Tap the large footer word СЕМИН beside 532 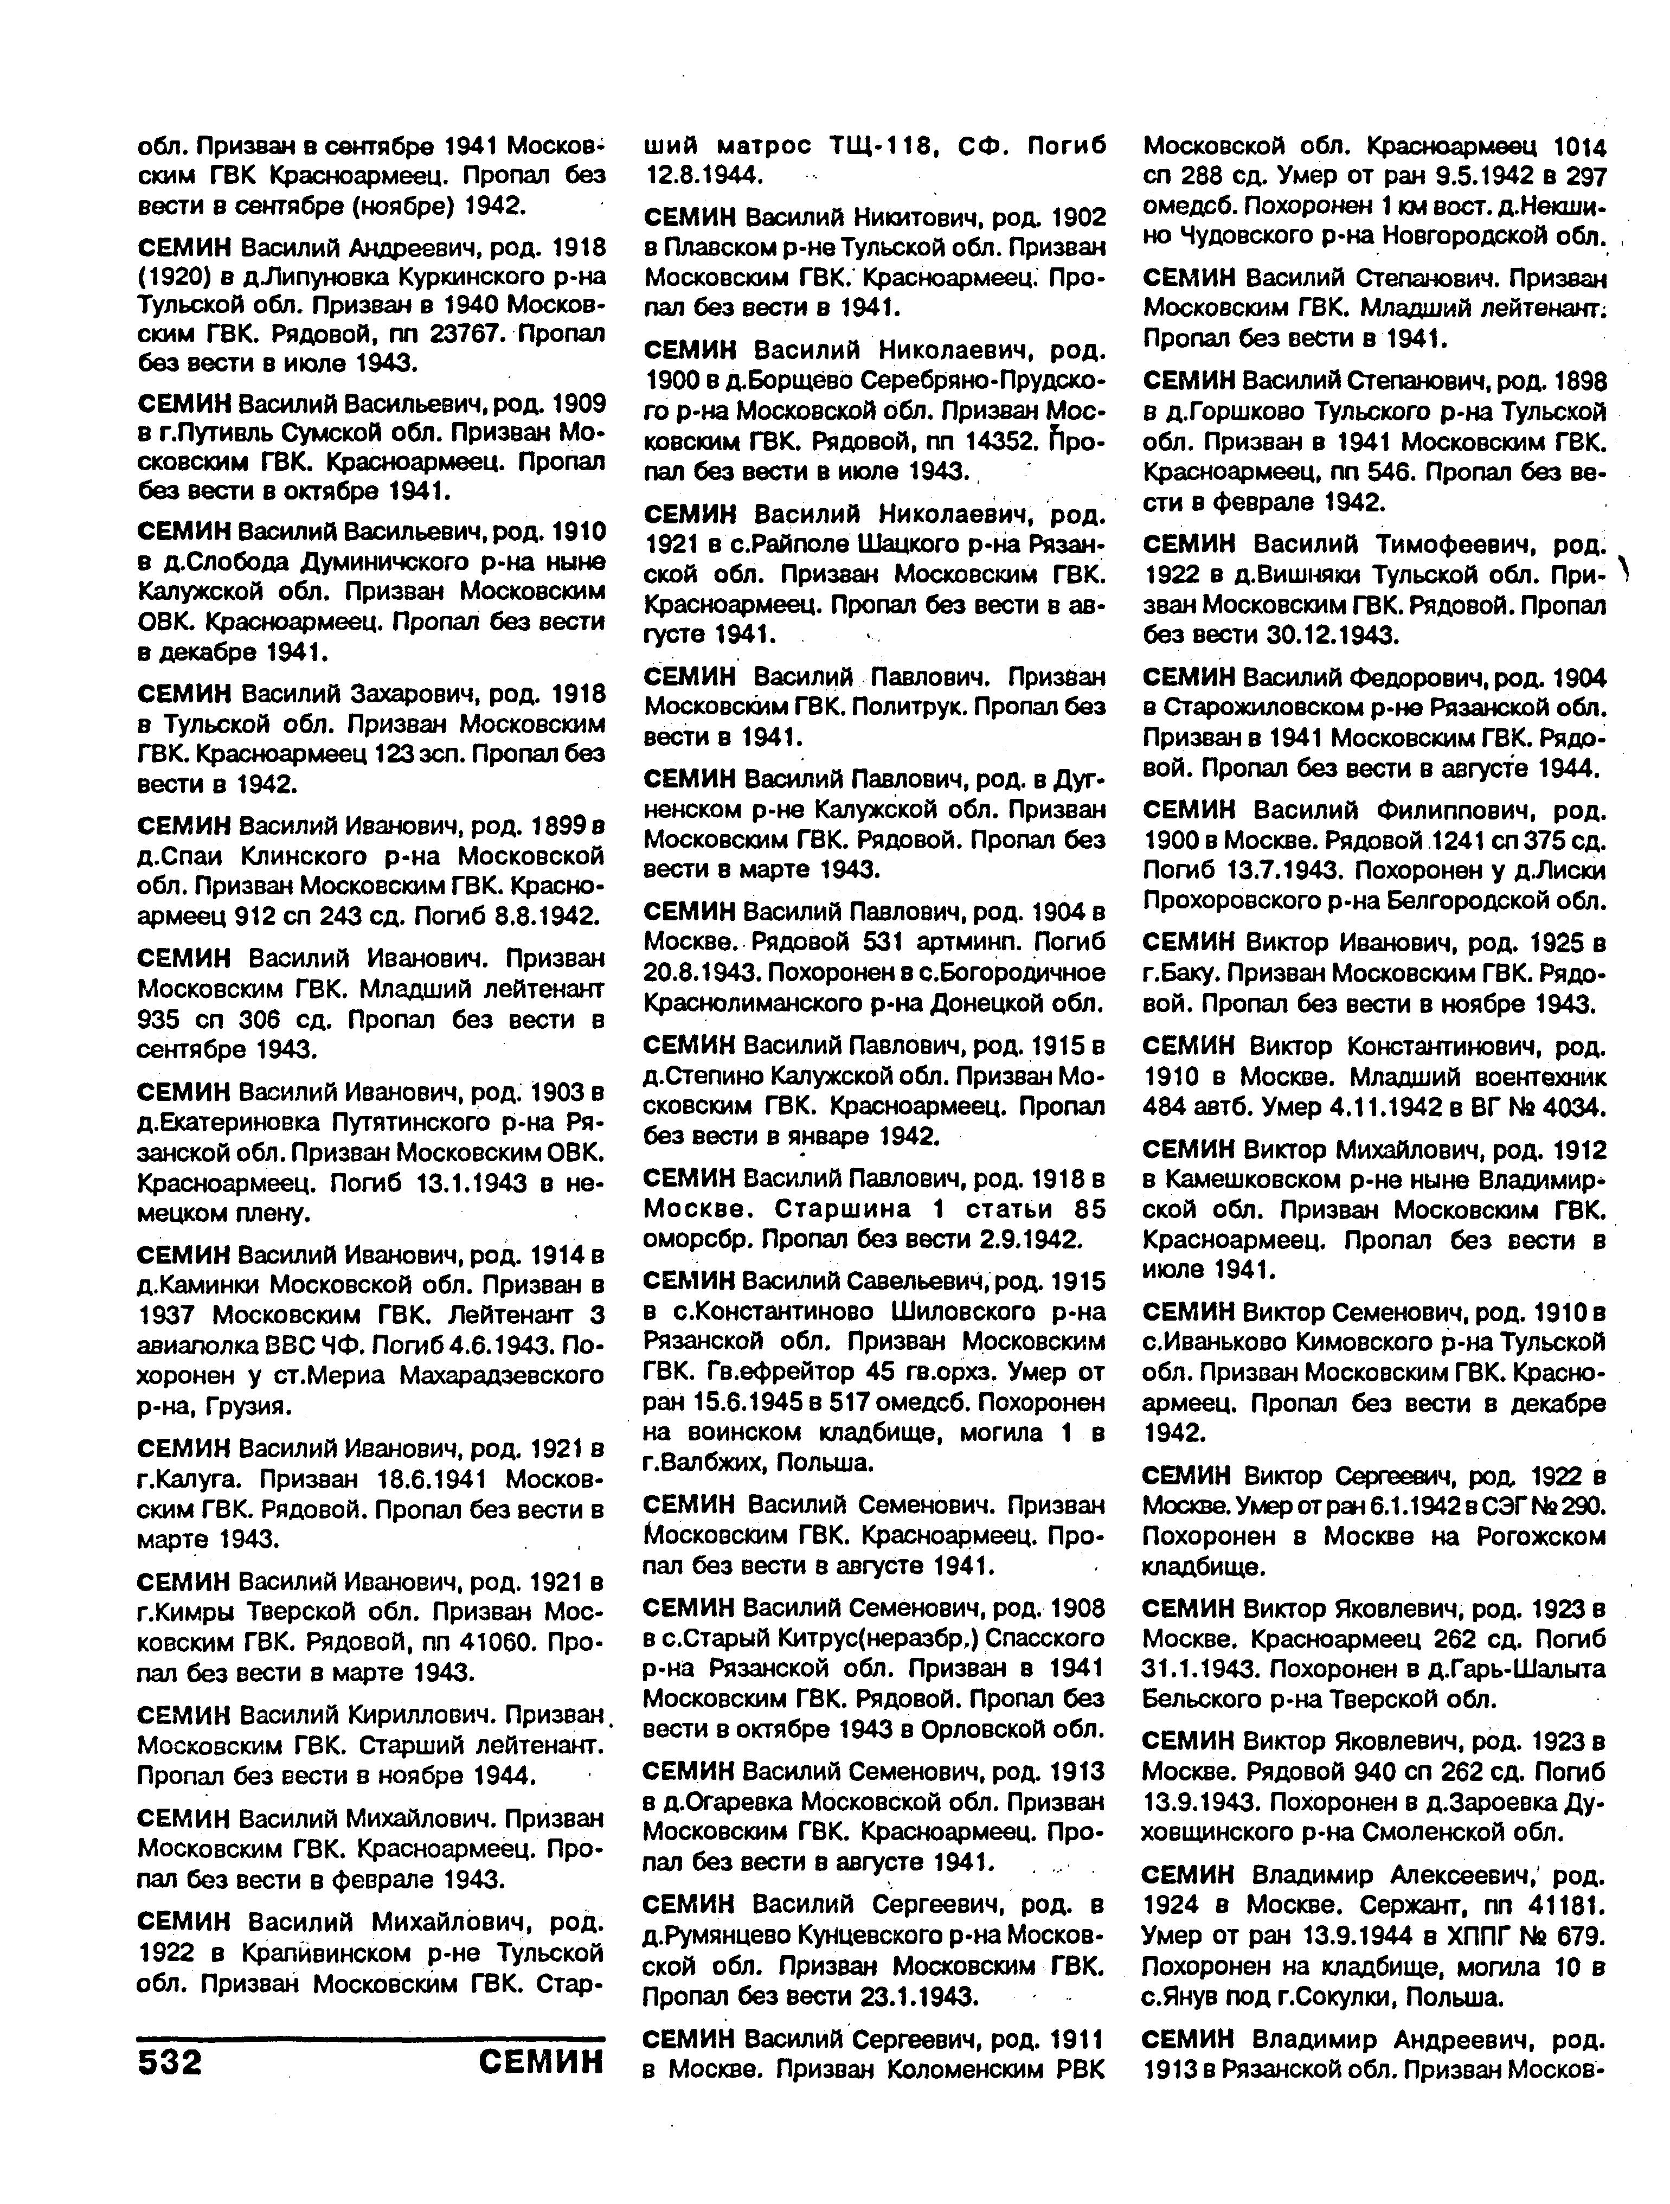[541, 2061]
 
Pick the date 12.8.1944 [703, 175]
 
